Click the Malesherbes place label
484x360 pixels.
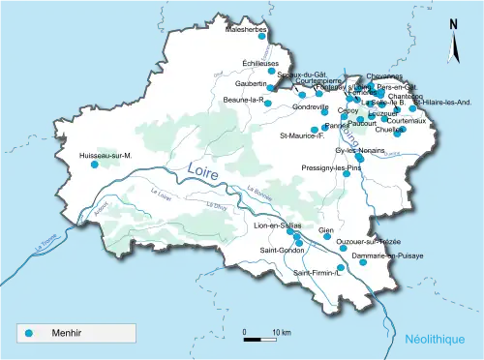click(245, 30)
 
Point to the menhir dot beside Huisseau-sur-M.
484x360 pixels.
click(95, 165)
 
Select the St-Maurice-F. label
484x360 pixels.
click(302, 135)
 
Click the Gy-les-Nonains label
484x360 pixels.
click(360, 151)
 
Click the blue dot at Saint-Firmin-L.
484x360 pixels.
click(340, 268)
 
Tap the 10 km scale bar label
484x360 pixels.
click(281, 332)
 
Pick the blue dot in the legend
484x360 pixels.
click(29, 333)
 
